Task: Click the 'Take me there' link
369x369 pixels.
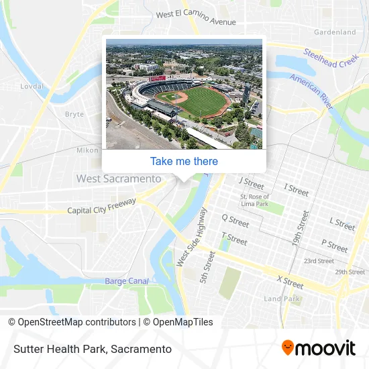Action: pyautogui.click(x=184, y=161)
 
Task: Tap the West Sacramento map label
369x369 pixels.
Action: pyautogui.click(x=119, y=178)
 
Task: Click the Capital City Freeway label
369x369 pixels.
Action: pyautogui.click(x=102, y=205)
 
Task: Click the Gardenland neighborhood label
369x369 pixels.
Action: pyautogui.click(x=335, y=32)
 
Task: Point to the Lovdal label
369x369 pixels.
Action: pyautogui.click(x=32, y=87)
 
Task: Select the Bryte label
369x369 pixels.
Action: pyautogui.click(x=74, y=114)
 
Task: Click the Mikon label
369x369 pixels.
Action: pyautogui.click(x=87, y=150)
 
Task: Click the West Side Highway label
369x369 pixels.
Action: pyautogui.click(x=191, y=236)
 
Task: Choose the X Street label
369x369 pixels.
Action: pyautogui.click(x=291, y=282)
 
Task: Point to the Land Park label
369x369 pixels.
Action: pyautogui.click(x=281, y=299)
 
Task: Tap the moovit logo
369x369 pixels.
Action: pyautogui.click(x=318, y=348)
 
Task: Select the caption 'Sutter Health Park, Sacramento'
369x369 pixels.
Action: pyautogui.click(x=91, y=349)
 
